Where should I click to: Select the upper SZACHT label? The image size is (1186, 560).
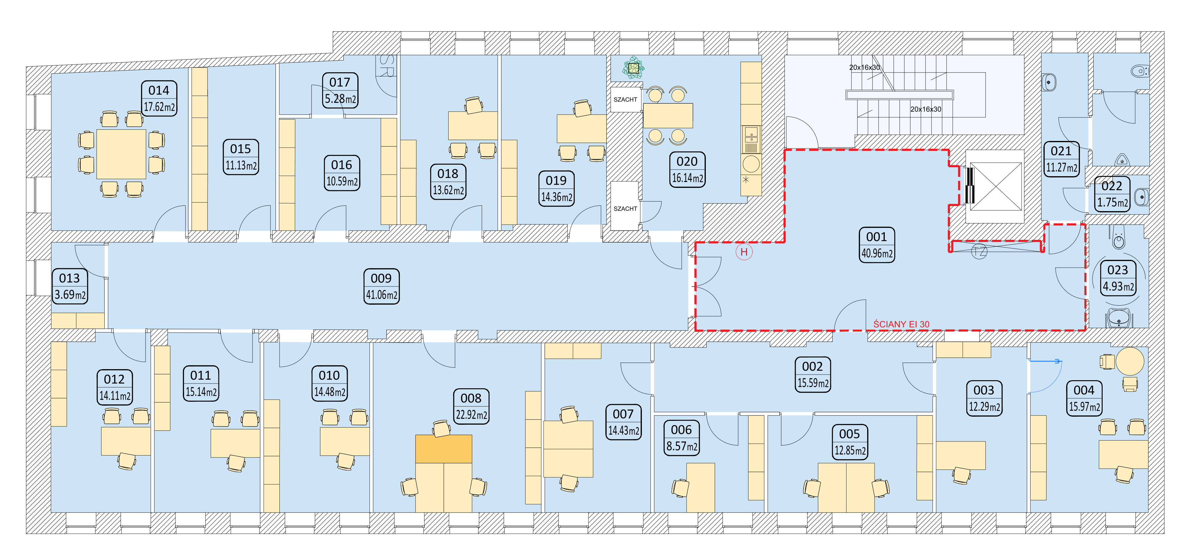pos(625,99)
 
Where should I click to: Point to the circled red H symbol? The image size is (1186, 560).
pos(744,252)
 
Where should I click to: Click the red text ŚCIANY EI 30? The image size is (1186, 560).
pos(901,324)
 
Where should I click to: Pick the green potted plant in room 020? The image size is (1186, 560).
pos(633,68)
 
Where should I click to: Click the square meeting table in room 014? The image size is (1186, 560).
pos(121,154)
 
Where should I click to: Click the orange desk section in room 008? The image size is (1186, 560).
pos(443,449)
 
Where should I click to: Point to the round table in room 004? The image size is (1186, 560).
pos(1130,361)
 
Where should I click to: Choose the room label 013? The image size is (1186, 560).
pos(70,278)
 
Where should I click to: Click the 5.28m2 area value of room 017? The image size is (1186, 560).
pos(340,99)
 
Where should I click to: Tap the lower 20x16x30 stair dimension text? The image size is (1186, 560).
pos(925,109)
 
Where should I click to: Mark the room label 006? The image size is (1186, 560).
pos(681,430)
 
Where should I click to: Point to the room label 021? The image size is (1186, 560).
pos(1061,151)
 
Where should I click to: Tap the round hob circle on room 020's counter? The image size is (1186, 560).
pos(751,164)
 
